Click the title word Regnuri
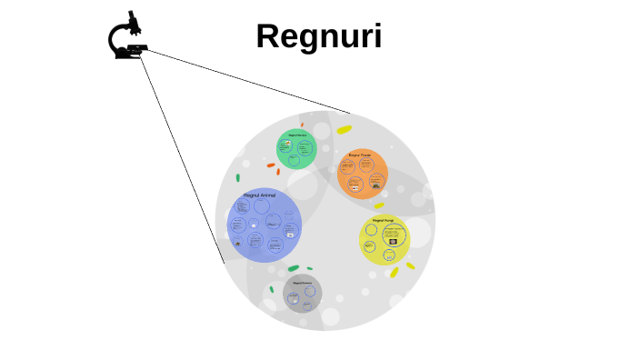[x=318, y=36]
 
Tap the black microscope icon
[x=127, y=37]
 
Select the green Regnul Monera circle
[x=296, y=149]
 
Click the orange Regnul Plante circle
[x=362, y=174]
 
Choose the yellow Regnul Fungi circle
[x=384, y=239]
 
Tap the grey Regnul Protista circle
[x=302, y=294]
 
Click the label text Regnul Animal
[x=259, y=195]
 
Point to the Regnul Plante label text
[x=360, y=155]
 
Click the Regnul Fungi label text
[x=383, y=220]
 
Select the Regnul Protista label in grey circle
[x=302, y=283]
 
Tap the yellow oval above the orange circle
[x=344, y=130]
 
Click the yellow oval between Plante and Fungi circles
[x=379, y=205]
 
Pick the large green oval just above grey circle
[x=293, y=268]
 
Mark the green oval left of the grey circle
[x=271, y=289]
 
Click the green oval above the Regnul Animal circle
[x=238, y=178]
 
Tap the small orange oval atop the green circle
[x=302, y=125]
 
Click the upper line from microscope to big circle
[x=245, y=81]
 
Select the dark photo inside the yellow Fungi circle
[x=393, y=242]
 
